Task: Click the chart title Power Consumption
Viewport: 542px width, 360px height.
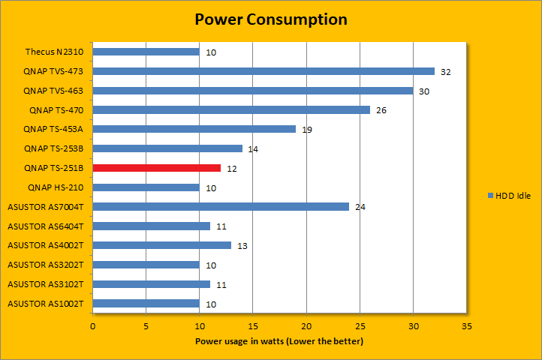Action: pos(270,19)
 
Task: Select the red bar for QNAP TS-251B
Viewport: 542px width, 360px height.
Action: pos(157,168)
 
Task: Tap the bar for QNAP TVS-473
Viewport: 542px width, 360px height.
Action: pos(263,71)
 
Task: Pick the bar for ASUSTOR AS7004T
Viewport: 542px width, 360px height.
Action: pos(221,207)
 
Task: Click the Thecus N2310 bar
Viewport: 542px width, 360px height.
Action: pos(146,52)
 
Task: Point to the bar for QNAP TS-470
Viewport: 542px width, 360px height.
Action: pos(231,110)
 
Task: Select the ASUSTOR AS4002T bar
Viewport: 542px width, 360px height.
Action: pos(162,245)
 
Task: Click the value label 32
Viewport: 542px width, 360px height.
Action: pos(446,72)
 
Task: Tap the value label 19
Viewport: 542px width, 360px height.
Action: pos(307,130)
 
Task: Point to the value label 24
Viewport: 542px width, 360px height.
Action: pos(360,207)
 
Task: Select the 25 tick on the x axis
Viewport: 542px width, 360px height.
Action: pos(360,327)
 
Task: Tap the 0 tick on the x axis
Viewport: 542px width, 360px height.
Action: pos(93,327)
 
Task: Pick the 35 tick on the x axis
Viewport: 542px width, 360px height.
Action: pos(466,327)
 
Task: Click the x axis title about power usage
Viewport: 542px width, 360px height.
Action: pos(279,341)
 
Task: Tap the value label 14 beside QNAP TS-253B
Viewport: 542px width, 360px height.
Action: pos(253,149)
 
